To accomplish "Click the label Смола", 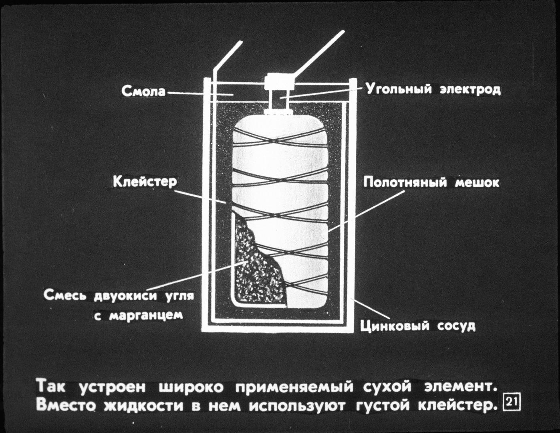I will [143, 91].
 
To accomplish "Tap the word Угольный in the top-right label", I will [399, 89].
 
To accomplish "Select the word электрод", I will [470, 89].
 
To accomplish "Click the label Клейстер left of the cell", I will [144, 182].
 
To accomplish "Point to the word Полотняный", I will [405, 183].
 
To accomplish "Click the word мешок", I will [477, 183].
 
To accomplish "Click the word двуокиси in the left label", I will [127, 296].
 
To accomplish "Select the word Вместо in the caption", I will [66, 406].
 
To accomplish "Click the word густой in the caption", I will [383, 406].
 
